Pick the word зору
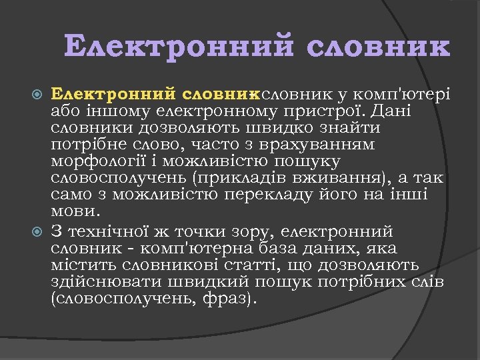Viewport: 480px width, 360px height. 250,232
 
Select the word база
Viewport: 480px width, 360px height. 281,249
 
